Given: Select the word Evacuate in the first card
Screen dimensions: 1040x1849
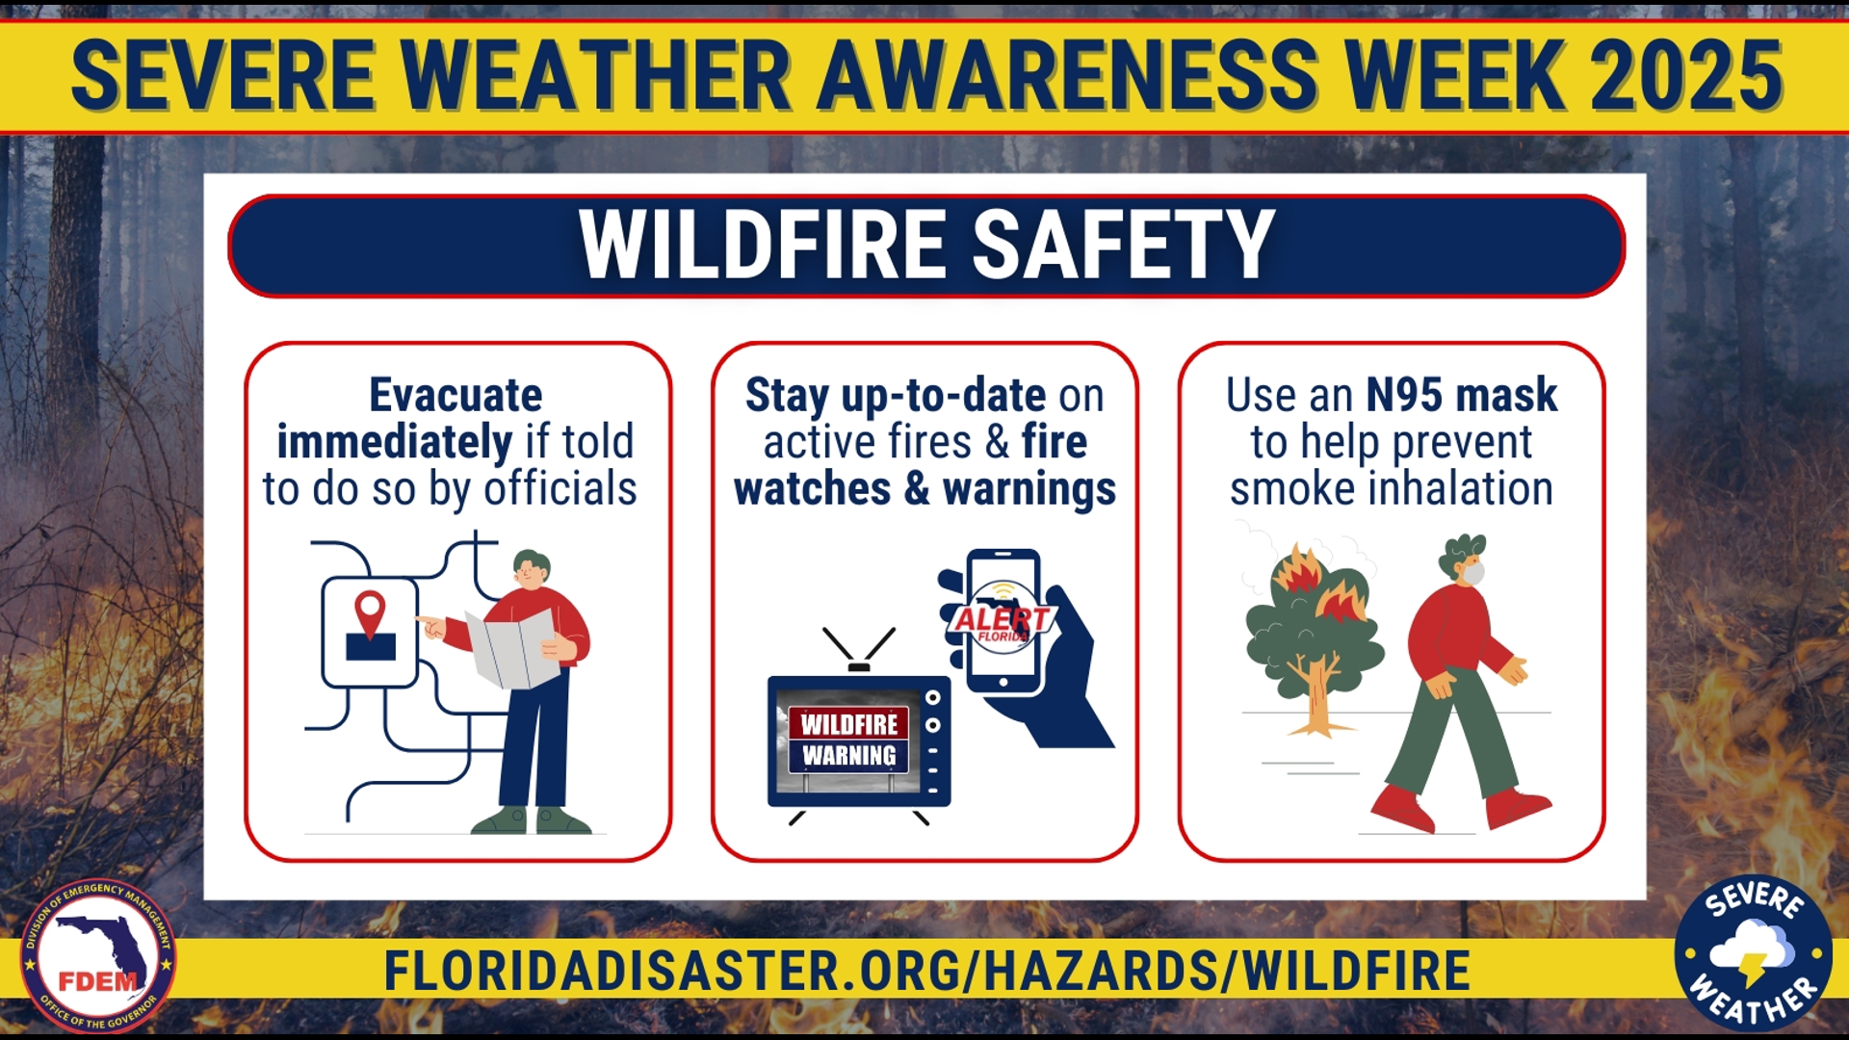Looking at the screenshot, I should (x=456, y=396).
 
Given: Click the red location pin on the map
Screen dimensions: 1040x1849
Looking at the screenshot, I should (x=370, y=611).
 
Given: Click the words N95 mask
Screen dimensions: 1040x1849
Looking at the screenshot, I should (x=1461, y=396).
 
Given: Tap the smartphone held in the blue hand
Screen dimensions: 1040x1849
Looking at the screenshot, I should (x=1003, y=621).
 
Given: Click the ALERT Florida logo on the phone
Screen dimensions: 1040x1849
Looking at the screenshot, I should (x=1002, y=621).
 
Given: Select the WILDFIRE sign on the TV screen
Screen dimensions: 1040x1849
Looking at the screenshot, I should (x=848, y=724).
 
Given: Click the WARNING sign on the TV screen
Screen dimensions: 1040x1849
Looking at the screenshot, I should (x=848, y=757).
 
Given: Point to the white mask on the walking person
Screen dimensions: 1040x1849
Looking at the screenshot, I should (x=1473, y=574).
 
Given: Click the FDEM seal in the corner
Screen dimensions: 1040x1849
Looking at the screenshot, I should (x=98, y=956).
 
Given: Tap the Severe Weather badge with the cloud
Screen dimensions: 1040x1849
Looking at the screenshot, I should (x=1753, y=954).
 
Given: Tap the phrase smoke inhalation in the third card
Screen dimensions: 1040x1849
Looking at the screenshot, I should (x=1391, y=489).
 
